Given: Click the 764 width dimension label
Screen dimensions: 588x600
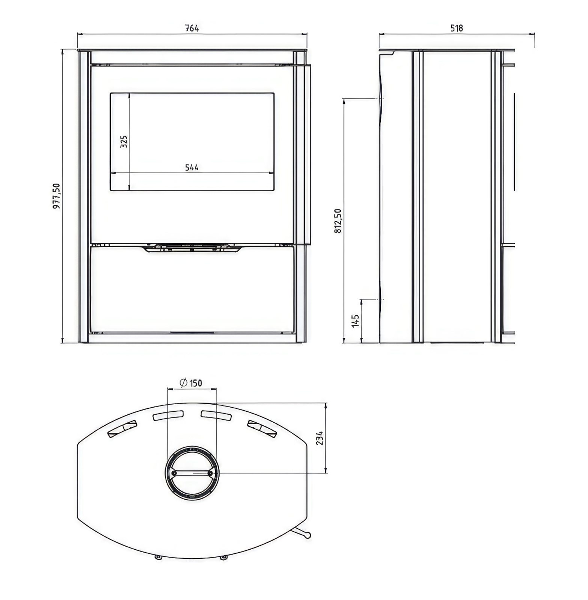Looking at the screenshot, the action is coord(192,28).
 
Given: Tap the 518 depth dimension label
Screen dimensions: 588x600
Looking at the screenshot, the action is coord(457,28).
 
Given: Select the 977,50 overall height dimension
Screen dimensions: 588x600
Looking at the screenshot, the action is coord(56,196).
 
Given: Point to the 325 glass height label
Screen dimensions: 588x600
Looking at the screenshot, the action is coord(124,141).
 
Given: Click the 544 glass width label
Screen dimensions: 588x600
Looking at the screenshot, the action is coord(192,168).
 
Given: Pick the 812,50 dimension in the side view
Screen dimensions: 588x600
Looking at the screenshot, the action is coord(338,221).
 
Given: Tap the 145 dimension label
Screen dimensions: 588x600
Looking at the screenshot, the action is coord(355,321).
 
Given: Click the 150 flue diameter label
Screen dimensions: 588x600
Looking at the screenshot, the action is coord(196,383).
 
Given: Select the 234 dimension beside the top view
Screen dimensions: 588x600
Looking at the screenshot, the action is coord(319,438).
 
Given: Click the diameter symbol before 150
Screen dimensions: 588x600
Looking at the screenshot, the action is coord(184,383).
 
